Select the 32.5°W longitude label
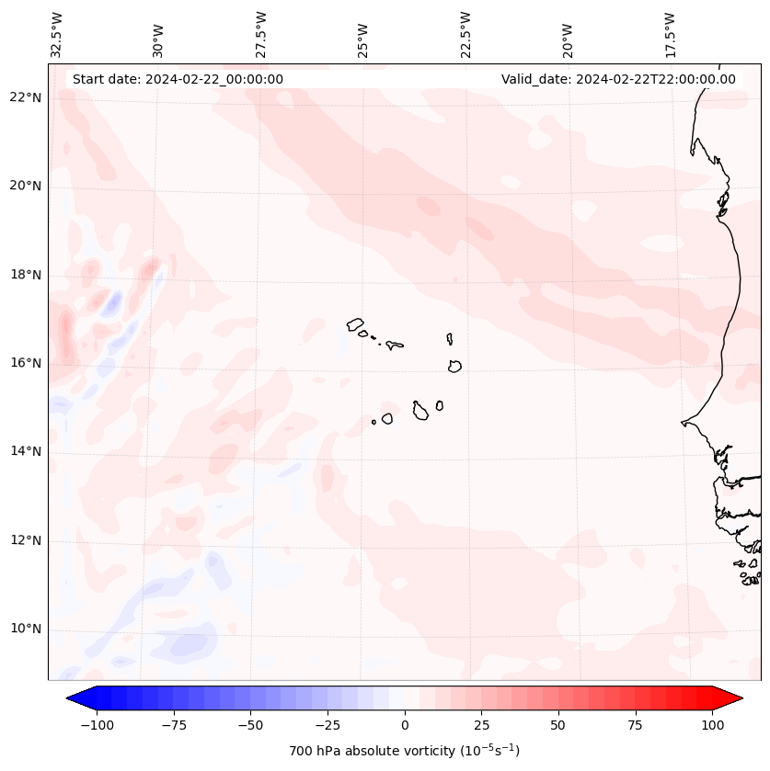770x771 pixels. point(57,34)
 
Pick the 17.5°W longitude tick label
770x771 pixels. point(670,34)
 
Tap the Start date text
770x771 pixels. point(178,79)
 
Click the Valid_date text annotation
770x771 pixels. point(618,79)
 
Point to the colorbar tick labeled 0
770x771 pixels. point(404,725)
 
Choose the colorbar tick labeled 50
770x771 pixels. point(558,725)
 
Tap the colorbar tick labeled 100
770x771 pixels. point(712,725)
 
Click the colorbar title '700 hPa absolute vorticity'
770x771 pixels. point(404,751)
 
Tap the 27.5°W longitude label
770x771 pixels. point(261,34)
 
